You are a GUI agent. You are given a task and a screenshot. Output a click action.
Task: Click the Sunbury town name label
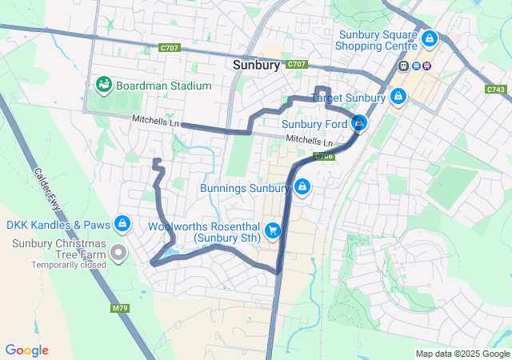pos(256,66)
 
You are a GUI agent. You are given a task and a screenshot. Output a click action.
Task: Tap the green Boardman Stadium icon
pos(103,84)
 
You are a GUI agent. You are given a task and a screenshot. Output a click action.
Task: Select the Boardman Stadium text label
pos(163,85)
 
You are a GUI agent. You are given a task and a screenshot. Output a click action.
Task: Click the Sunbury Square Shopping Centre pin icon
pos(430,38)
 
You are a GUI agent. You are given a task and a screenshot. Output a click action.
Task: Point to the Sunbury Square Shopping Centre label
pos(378,40)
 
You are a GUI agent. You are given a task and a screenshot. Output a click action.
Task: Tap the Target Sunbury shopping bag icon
pos(398,98)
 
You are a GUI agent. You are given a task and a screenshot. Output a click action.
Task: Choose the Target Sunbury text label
pos(348,98)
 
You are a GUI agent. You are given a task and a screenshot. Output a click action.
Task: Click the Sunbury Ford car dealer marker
pos(359,123)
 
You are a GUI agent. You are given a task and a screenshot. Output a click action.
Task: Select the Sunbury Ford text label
pos(314,124)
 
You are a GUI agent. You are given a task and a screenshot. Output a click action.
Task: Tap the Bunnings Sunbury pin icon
pos(302,188)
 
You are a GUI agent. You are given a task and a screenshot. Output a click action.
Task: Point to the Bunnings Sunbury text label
pos(244,189)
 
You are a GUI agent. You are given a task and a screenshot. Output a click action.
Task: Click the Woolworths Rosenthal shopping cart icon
pos(273,231)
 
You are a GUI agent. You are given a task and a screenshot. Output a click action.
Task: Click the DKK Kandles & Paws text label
pos(58,225)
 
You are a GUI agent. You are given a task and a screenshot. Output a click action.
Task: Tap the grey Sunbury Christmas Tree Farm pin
pos(119,254)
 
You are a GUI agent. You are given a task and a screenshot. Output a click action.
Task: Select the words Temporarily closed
pos(69,265)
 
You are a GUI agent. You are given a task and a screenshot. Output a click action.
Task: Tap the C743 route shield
pos(495,90)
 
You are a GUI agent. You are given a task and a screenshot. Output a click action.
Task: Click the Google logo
pos(26,350)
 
